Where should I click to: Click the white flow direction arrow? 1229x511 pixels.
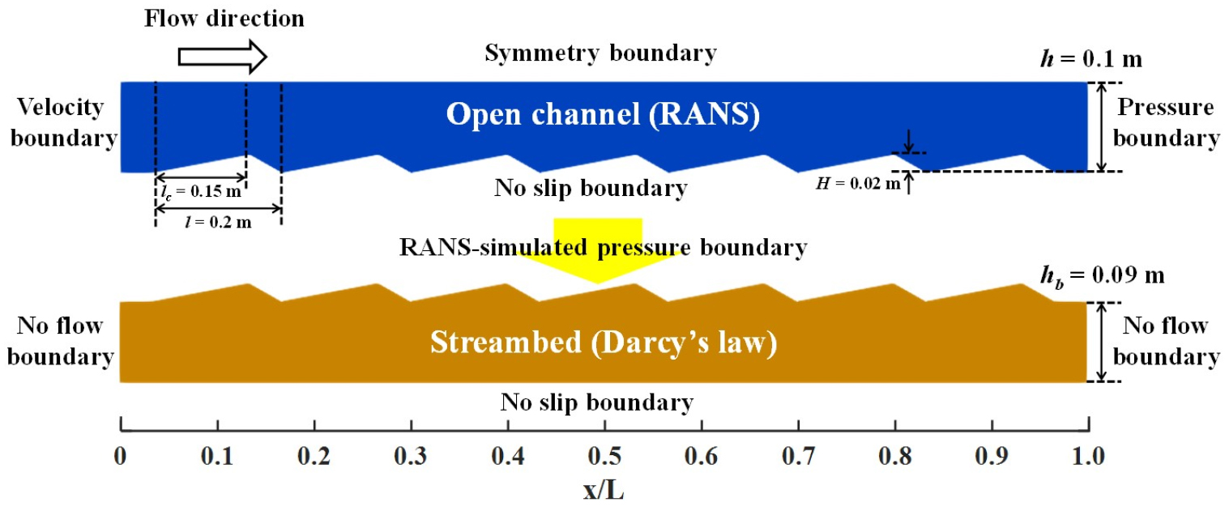coord(223,57)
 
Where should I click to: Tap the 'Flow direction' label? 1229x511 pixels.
coord(224,19)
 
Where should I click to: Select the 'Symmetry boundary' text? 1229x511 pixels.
coord(601,53)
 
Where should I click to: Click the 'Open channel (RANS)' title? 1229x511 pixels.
coord(603,115)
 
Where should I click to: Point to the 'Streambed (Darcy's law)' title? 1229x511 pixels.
coord(604,343)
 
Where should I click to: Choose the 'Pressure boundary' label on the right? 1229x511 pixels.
coord(1166,122)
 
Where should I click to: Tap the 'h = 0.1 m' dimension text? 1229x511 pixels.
coord(1090,59)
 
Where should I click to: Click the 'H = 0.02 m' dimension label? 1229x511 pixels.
coord(858,183)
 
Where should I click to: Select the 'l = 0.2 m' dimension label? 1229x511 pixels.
coord(219,222)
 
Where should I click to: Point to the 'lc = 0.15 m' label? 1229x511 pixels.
coord(201,191)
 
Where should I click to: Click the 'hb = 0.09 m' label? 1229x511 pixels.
coord(1103,276)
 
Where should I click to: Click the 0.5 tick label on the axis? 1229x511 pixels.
coord(604,456)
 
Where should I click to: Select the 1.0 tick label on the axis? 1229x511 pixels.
coord(1089,456)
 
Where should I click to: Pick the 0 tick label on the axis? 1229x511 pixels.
coord(120,456)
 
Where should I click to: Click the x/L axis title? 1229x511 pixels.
coord(604,490)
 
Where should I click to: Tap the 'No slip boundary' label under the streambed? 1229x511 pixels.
coord(597,402)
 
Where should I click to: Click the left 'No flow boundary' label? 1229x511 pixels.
coord(60,341)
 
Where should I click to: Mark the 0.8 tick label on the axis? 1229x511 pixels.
coord(895,456)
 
